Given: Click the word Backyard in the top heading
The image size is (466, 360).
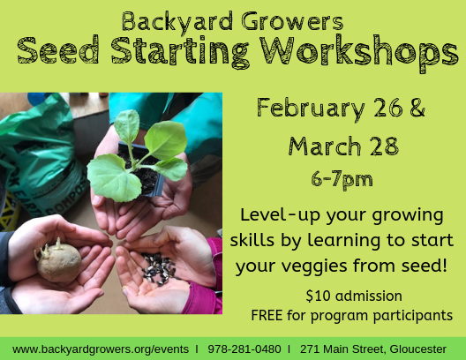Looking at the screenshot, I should point(168,19).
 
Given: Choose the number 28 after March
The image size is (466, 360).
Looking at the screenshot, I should point(383,145).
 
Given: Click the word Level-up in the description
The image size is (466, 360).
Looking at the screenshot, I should point(277,216).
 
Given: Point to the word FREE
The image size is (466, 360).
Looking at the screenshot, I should point(267,315).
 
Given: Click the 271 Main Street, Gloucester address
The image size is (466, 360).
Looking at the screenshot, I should point(373,349).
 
